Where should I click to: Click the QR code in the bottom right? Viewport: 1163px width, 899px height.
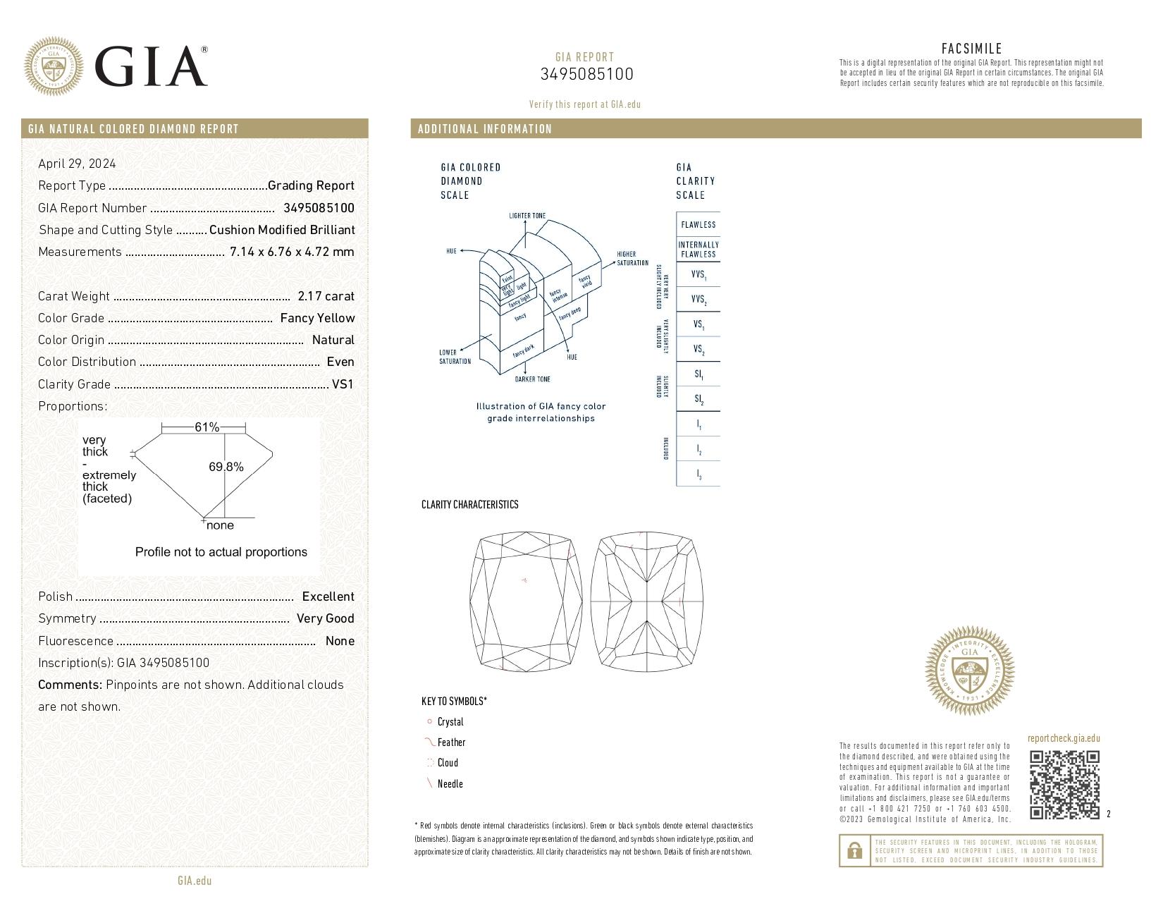(1064, 785)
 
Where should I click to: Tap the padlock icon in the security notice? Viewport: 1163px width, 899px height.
(854, 850)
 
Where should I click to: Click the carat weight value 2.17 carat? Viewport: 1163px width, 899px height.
(326, 296)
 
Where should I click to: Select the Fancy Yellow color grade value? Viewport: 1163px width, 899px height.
(317, 318)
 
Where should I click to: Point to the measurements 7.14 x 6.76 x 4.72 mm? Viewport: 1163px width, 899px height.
(292, 252)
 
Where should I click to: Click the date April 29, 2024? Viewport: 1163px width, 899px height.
(77, 164)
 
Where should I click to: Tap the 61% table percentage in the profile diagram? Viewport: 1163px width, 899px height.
(207, 427)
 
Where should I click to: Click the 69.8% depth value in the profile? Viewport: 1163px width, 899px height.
(226, 467)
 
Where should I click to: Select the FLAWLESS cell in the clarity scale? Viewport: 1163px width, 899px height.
(698, 225)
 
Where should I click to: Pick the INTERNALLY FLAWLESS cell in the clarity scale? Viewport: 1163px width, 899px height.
(698, 250)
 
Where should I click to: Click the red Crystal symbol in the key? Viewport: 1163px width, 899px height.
(429, 721)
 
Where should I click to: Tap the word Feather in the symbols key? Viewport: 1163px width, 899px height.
(451, 742)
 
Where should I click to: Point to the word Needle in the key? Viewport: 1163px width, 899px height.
(450, 784)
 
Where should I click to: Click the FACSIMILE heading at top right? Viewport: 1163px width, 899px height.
(971, 49)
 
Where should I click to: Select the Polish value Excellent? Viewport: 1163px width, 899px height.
(328, 597)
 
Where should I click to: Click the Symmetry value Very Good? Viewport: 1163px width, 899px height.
(325, 618)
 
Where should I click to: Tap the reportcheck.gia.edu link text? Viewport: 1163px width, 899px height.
(1063, 738)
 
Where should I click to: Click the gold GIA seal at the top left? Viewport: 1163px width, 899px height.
(53, 66)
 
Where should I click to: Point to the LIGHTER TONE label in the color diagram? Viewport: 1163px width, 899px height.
(527, 216)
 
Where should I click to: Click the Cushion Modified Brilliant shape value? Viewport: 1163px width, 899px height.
(282, 230)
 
